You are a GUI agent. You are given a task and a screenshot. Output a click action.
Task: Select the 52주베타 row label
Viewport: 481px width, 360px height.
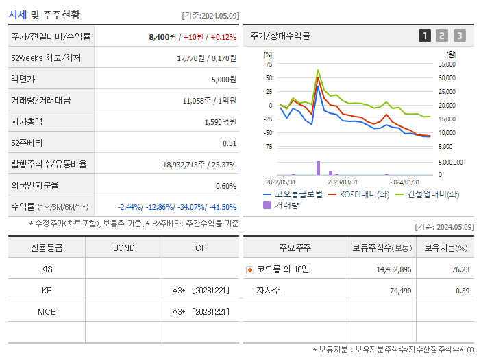pyautogui.click(x=27, y=143)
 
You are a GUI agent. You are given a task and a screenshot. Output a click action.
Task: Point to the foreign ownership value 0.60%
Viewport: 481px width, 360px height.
pyautogui.click(x=225, y=185)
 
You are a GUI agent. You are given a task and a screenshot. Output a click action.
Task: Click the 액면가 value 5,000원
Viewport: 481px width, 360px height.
pyautogui.click(x=223, y=80)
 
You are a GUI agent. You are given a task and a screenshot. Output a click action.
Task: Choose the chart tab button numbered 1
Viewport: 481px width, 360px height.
pyautogui.click(x=425, y=36)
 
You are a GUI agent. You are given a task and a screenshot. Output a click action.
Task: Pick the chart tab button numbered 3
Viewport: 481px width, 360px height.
pyautogui.click(x=459, y=36)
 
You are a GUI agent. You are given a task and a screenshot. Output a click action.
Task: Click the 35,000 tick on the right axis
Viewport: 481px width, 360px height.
pyautogui.click(x=446, y=64)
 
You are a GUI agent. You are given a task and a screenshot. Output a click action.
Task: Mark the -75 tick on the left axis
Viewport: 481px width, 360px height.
pyautogui.click(x=269, y=146)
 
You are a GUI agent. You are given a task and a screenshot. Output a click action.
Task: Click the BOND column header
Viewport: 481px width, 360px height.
pyautogui.click(x=123, y=248)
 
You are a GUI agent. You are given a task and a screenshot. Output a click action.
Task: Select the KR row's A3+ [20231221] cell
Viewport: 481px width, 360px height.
pyautogui.click(x=201, y=290)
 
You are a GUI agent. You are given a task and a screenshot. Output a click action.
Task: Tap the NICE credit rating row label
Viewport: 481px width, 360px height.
pyautogui.click(x=47, y=311)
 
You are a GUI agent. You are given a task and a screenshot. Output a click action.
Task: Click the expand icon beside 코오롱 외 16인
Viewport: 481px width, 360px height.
pyautogui.click(x=250, y=269)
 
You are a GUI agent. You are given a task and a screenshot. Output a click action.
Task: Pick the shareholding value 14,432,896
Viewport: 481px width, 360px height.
pyautogui.click(x=393, y=269)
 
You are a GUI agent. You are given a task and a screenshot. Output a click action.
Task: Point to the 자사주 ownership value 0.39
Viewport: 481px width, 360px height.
pyautogui.click(x=463, y=291)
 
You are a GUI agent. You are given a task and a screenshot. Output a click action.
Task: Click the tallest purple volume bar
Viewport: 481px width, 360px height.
pyautogui.click(x=318, y=168)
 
